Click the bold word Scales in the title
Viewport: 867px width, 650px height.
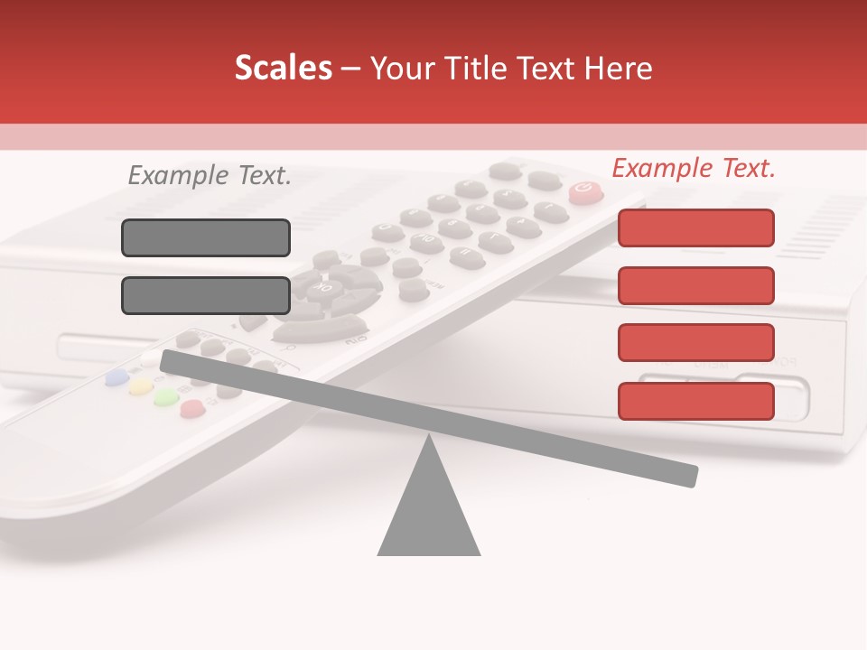tap(283, 68)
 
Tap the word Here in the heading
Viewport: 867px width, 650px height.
tap(619, 68)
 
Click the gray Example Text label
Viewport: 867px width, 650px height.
tap(210, 175)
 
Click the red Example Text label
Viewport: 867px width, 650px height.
tap(694, 168)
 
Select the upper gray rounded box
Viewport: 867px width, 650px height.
tap(206, 237)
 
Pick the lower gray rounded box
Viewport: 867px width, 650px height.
tap(206, 295)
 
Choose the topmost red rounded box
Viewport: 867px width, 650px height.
tap(695, 227)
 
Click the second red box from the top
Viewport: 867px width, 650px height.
tap(695, 285)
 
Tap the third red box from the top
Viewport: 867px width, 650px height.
tap(695, 342)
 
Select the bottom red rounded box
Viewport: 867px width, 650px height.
tap(695, 401)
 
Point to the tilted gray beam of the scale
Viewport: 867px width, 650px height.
tap(429, 414)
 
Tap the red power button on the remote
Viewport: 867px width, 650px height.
tap(585, 190)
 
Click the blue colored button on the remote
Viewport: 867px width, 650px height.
tap(116, 377)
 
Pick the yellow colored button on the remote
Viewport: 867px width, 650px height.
tap(140, 388)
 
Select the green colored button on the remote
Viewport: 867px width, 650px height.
tap(165, 398)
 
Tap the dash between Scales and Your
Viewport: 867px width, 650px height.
tap(351, 69)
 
